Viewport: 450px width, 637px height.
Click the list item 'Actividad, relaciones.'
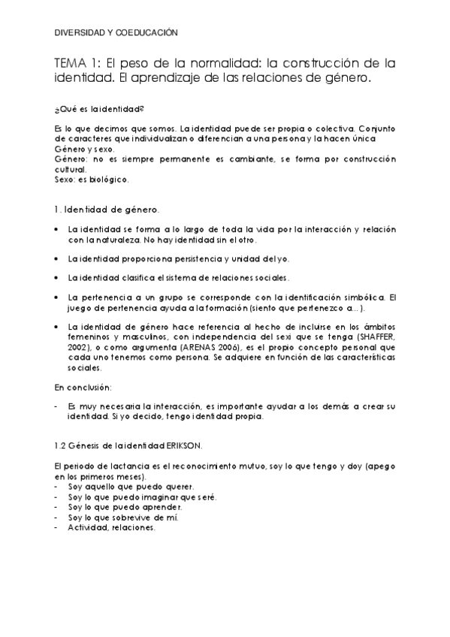[111, 527]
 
